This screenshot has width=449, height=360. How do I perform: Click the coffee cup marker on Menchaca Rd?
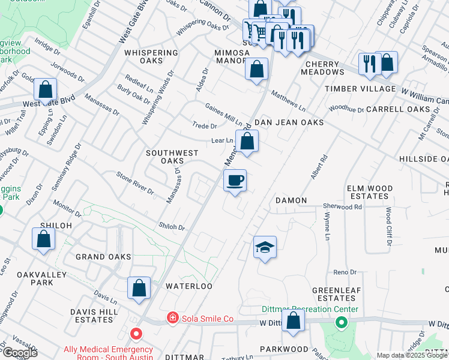pyautogui.click(x=235, y=180)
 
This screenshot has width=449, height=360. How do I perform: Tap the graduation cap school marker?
pyautogui.click(x=264, y=247)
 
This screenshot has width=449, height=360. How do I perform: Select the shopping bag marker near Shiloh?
pyautogui.click(x=44, y=239)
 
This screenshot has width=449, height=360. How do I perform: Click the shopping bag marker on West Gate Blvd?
pyautogui.click(x=46, y=90)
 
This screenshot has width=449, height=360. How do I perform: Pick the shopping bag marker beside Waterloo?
pyautogui.click(x=139, y=287)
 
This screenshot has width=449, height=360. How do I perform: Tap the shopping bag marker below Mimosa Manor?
pyautogui.click(x=256, y=69)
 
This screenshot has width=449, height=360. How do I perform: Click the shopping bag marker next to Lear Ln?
pyautogui.click(x=246, y=142)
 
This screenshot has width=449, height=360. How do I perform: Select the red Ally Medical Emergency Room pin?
pyautogui.click(x=136, y=333)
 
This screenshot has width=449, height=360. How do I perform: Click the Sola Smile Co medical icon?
pyautogui.click(x=172, y=317)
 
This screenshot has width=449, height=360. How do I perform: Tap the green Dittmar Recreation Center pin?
pyautogui.click(x=341, y=323)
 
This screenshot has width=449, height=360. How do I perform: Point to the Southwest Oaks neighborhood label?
pyautogui.click(x=172, y=157)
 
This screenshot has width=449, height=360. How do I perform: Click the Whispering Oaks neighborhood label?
pyautogui.click(x=151, y=56)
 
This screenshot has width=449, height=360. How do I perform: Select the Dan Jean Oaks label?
pyautogui.click(x=289, y=122)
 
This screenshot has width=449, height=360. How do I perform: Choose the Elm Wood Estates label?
pyautogui.click(x=370, y=192)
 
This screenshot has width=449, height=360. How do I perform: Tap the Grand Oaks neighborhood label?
pyautogui.click(x=103, y=257)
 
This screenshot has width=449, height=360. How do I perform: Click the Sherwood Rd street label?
pyautogui.click(x=342, y=206)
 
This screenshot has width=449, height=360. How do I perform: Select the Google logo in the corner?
pyautogui.click(x=19, y=353)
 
